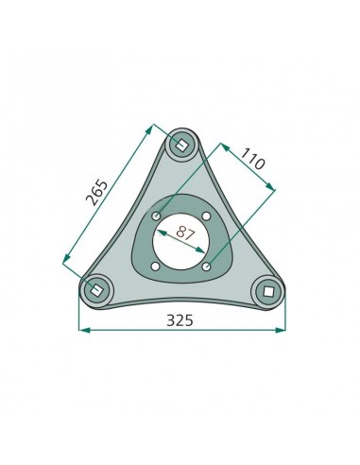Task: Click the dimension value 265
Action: click(x=97, y=193)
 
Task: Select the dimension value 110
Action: click(x=253, y=159)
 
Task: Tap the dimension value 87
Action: click(x=185, y=232)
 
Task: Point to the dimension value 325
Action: click(x=180, y=320)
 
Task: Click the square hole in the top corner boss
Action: click(x=180, y=145)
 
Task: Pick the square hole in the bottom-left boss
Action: click(x=95, y=290)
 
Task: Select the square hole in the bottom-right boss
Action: click(x=268, y=291)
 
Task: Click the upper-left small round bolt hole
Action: click(x=156, y=216)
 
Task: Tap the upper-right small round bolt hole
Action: click(x=206, y=216)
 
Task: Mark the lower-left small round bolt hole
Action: click(x=155, y=267)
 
